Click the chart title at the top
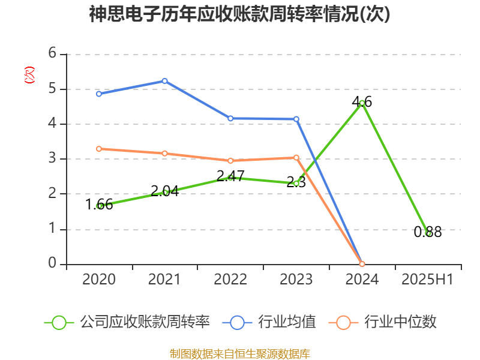click(239, 14)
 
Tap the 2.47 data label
click(230, 176)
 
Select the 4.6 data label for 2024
click(362, 103)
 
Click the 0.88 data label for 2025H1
click(428, 232)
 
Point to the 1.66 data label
click(99, 205)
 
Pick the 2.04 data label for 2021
click(164, 191)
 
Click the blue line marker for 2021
click(164, 81)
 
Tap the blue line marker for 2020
click(99, 94)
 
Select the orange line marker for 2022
click(230, 161)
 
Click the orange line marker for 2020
click(99, 149)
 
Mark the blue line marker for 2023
click(296, 119)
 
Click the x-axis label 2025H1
click(427, 280)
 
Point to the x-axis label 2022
click(230, 280)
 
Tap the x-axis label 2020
click(99, 280)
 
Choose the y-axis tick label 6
click(52, 54)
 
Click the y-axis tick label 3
click(52, 159)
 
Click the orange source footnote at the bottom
click(239, 353)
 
